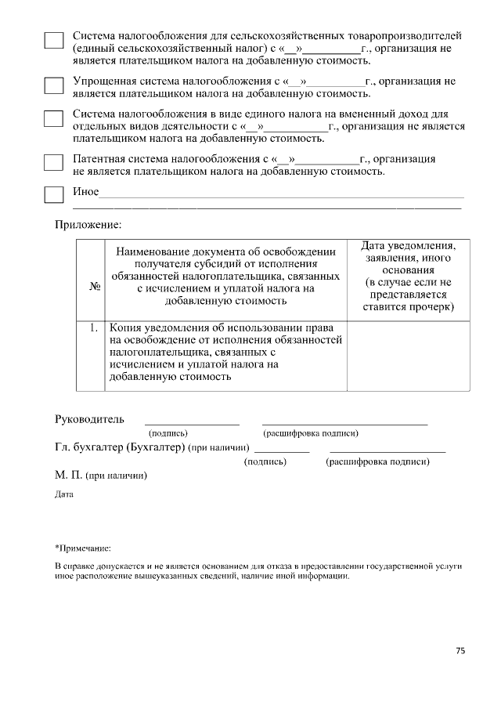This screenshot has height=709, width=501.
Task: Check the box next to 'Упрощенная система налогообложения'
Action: pyautogui.click(x=53, y=85)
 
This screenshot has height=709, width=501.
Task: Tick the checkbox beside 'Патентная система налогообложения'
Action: pyautogui.click(x=53, y=162)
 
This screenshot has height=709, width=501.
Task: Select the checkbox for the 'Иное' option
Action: pyautogui.click(x=53, y=194)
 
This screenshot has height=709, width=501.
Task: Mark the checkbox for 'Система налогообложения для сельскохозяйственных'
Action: pyautogui.click(x=53, y=41)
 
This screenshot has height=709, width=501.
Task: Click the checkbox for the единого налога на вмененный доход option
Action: pyautogui.click(x=53, y=119)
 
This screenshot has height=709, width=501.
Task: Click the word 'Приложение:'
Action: pyautogui.click(x=88, y=225)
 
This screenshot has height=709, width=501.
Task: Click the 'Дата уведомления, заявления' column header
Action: pyautogui.click(x=409, y=277)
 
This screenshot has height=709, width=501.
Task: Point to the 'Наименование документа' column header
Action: pyautogui.click(x=225, y=276)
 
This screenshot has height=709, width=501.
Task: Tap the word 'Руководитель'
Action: pyautogui.click(x=89, y=418)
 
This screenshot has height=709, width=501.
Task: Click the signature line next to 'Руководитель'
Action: pyautogui.click(x=192, y=423)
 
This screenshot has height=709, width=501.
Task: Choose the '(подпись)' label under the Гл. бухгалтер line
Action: pyautogui.click(x=265, y=462)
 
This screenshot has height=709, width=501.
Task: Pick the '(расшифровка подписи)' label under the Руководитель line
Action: pyautogui.click(x=311, y=432)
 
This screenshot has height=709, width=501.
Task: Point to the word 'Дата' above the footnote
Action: pyautogui.click(x=63, y=495)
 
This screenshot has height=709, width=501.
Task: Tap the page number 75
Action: pyautogui.click(x=460, y=651)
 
